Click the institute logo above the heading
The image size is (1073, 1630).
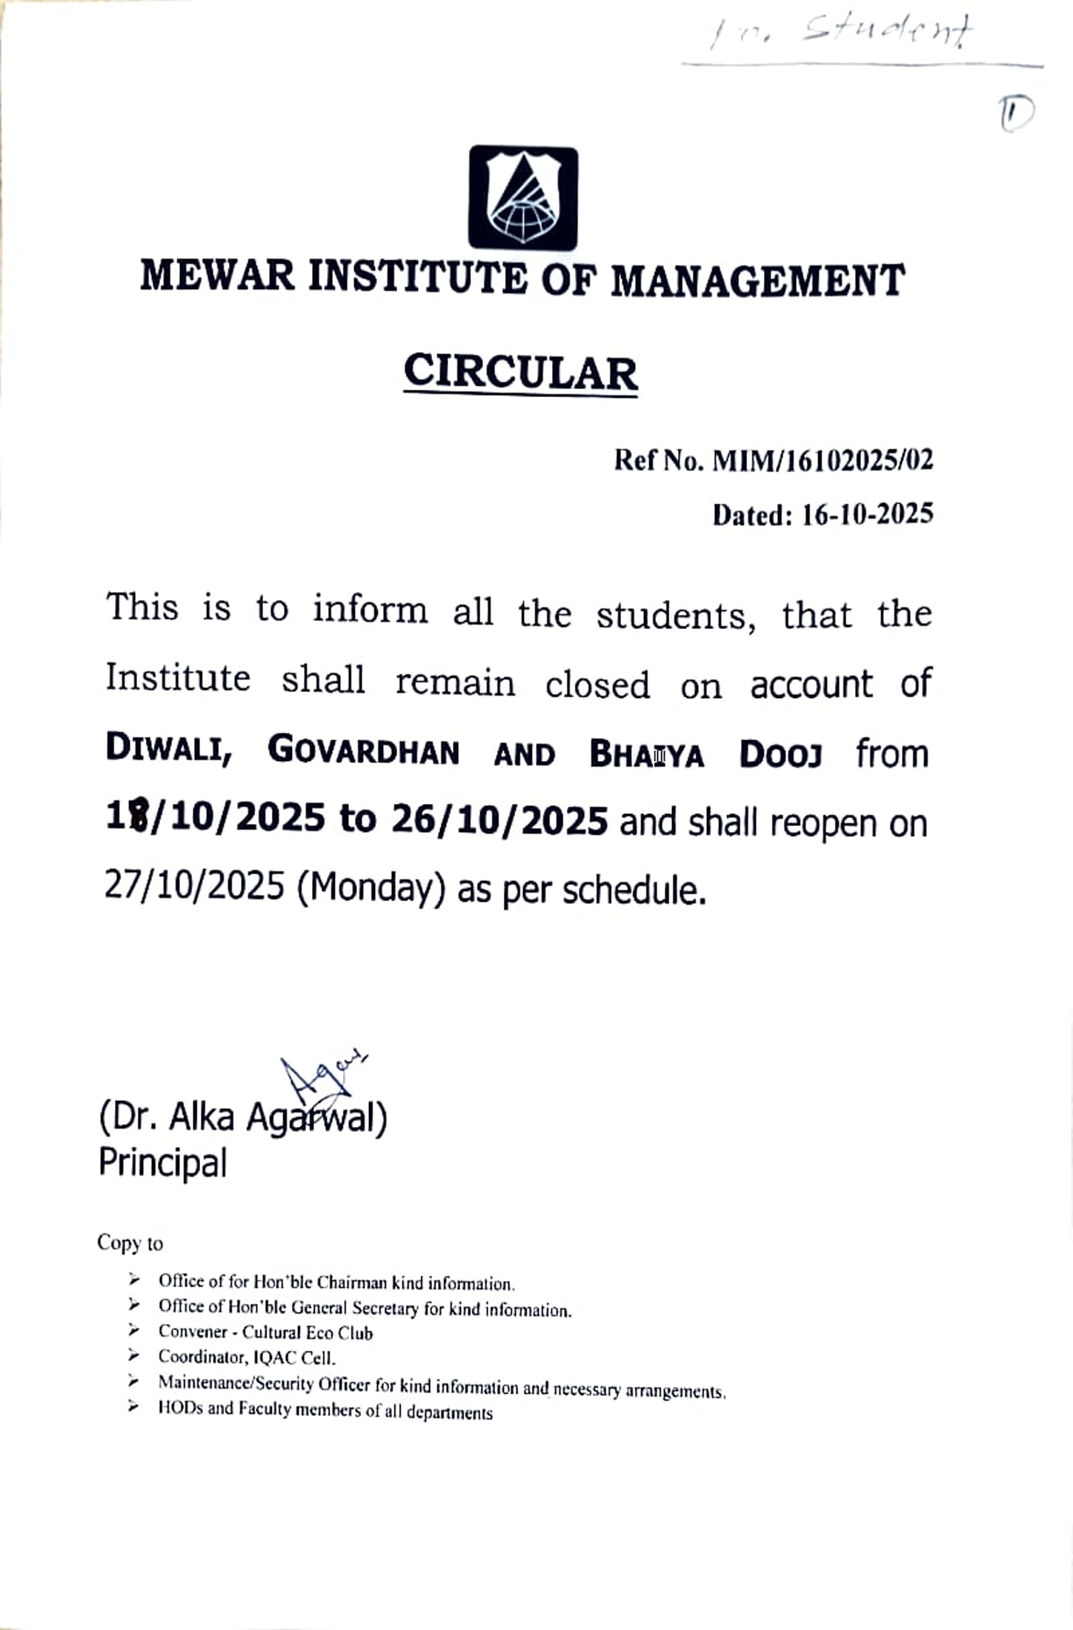[523, 198]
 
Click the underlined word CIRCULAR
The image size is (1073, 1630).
[520, 372]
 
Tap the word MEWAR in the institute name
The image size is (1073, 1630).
[217, 276]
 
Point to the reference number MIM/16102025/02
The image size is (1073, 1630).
[823, 461]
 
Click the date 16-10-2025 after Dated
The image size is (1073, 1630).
[868, 514]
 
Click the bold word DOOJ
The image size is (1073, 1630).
[781, 755]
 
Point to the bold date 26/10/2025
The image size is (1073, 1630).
[500, 819]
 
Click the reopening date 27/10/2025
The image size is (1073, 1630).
[194, 885]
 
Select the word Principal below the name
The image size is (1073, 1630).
[162, 1162]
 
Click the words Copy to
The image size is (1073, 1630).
[130, 1243]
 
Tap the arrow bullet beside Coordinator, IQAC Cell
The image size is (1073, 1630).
[133, 1356]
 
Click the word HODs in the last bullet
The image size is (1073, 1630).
[181, 1408]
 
